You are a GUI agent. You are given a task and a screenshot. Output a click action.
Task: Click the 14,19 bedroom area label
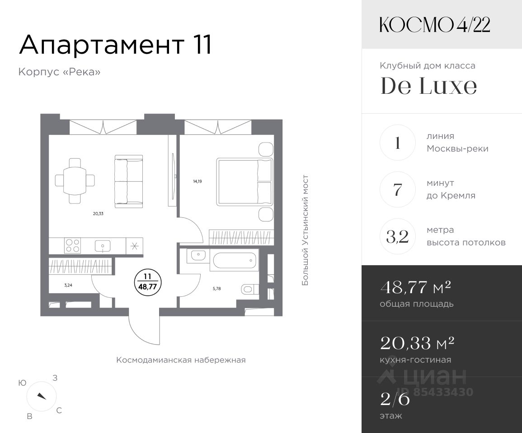coord(198,181)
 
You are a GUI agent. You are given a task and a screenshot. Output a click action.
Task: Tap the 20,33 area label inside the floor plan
coord(98,214)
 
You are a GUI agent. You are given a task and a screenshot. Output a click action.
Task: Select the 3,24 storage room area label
coord(68,285)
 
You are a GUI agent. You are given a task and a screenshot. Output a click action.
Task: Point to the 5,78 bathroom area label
coord(217,289)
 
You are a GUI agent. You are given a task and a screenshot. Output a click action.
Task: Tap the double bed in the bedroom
coord(245,181)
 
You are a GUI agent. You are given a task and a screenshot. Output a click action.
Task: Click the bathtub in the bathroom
coord(235,260)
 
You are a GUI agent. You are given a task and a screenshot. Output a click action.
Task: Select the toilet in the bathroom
coord(249,289)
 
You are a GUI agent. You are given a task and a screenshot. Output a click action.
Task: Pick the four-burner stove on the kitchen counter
coord(73,246)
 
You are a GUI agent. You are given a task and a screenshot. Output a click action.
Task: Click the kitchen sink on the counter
coord(103,246)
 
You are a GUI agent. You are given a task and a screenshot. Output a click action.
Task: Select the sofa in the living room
coord(129,181)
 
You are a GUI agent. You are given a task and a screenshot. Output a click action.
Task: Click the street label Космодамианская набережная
coord(181,360)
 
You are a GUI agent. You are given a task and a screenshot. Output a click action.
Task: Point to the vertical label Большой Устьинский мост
coord(305,230)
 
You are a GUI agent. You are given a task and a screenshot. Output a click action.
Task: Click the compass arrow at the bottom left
coord(42,396)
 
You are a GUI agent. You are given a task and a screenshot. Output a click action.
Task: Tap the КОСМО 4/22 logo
coord(435,25)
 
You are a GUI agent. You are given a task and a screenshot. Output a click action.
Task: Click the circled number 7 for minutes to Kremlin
coord(398,189)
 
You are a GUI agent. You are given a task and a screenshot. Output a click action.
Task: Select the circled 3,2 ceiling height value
coord(398,236)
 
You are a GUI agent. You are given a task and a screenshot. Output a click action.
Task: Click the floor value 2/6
coord(395,399)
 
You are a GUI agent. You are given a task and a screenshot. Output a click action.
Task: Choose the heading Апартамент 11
coord(116,45)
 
